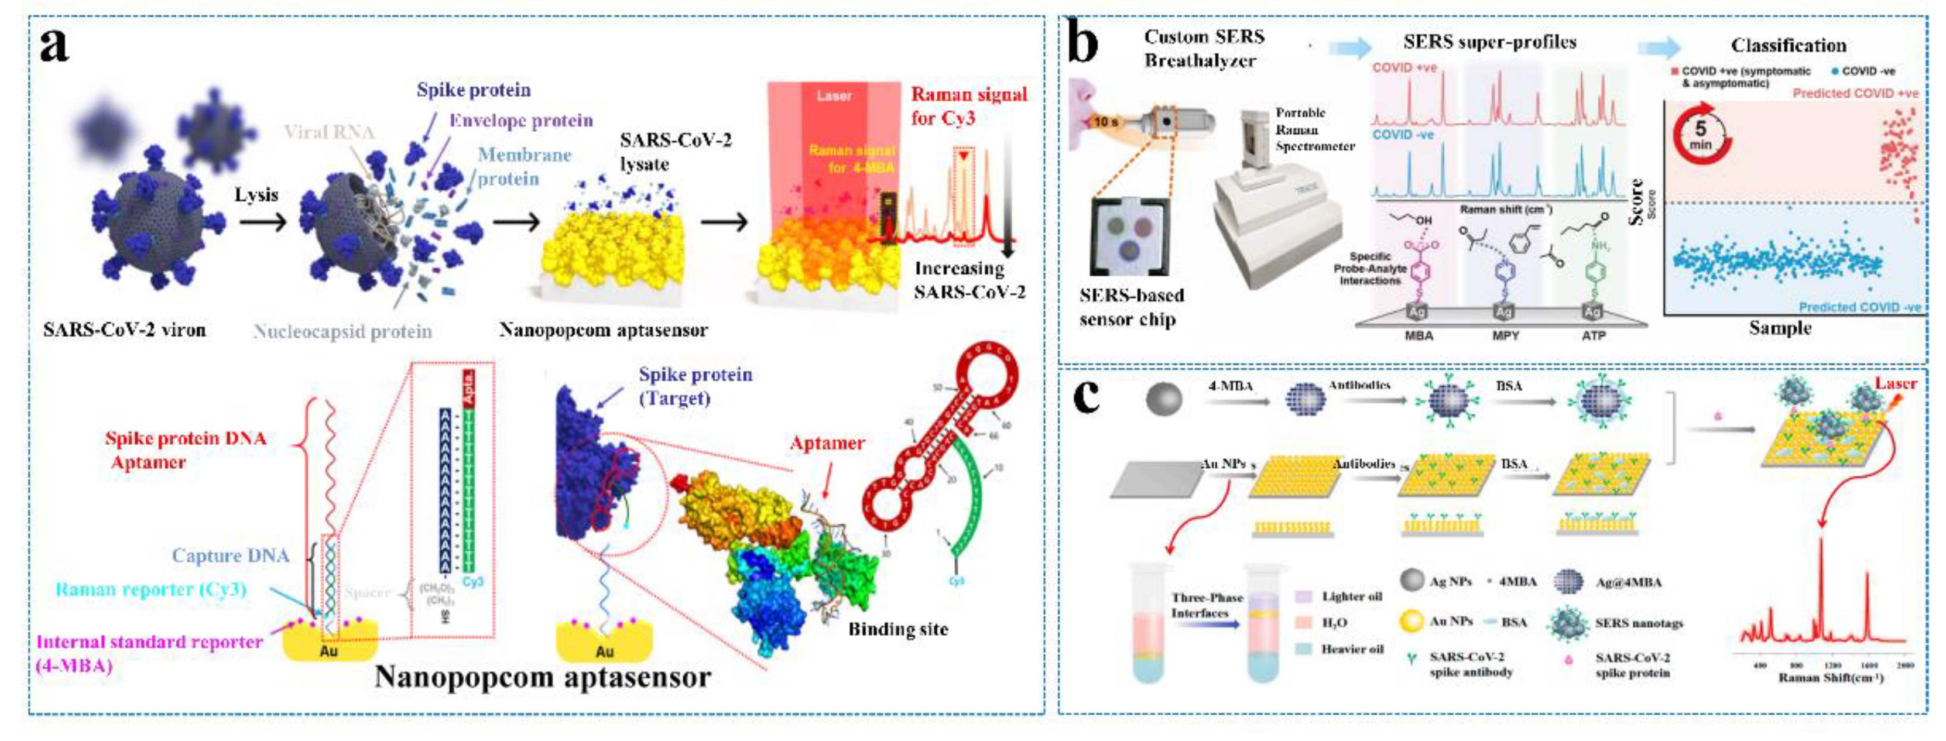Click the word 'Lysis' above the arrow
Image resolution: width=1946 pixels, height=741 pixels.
coord(256,195)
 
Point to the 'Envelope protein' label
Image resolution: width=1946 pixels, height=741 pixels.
coord(520,121)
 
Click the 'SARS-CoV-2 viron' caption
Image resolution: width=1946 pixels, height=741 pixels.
coord(125,330)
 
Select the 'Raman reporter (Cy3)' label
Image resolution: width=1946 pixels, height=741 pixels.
coord(151,589)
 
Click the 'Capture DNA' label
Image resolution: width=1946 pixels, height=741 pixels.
coord(231,556)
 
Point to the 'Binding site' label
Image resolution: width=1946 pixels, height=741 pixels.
coord(897,629)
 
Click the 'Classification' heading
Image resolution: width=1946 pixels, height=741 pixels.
coord(1788,45)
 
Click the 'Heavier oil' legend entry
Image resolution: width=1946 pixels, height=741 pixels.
coord(1351,649)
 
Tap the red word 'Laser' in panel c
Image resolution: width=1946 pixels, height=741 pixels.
coord(1896,384)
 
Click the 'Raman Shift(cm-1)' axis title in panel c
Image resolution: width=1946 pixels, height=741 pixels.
coord(1831,678)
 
